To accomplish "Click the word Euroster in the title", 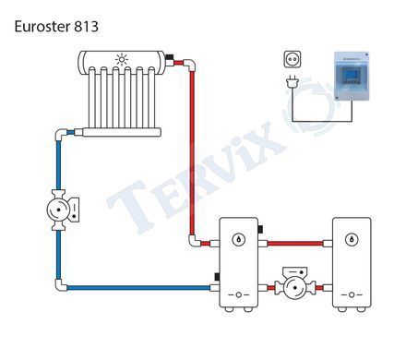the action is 42,27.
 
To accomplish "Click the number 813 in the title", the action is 86,27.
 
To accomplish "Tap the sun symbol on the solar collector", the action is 122,59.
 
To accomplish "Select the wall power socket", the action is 292,59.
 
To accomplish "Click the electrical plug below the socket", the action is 293,82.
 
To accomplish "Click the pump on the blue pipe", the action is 63,210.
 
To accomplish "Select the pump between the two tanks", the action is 295,284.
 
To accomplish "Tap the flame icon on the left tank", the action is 238,239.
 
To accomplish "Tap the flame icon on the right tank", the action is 352,239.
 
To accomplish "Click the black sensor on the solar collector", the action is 170,57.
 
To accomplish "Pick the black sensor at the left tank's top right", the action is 260,230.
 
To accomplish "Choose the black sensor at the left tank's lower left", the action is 217,277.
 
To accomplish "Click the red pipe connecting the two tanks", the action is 295,244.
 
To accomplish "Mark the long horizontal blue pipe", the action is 138,288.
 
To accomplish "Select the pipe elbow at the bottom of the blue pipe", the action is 60,285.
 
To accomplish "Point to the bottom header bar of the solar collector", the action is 122,132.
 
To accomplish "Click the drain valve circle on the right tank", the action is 352,295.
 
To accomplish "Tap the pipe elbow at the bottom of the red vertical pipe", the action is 194,242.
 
